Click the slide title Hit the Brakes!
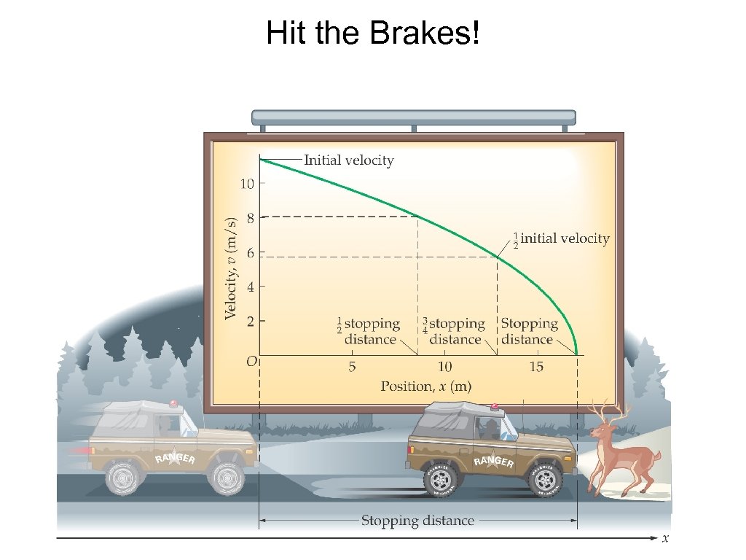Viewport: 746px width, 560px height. (x=373, y=33)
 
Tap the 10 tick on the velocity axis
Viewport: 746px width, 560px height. (x=248, y=184)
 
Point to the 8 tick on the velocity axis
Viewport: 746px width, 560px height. (x=250, y=217)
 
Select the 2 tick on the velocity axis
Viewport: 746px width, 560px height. (x=250, y=321)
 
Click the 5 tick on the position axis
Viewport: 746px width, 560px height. (x=352, y=367)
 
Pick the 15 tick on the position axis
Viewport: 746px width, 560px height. (x=535, y=367)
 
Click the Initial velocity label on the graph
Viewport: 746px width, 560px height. (x=348, y=160)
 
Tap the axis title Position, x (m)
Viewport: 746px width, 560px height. (x=425, y=386)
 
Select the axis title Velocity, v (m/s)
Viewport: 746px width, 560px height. (x=231, y=268)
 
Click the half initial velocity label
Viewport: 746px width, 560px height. (x=561, y=238)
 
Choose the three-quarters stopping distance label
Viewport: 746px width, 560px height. (x=453, y=331)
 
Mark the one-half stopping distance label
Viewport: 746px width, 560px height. (x=369, y=331)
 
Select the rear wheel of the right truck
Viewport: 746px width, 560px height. (x=441, y=478)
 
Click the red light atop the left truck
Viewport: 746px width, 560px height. (x=173, y=403)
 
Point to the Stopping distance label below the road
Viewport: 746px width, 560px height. (x=417, y=521)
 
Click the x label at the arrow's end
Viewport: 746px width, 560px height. (x=665, y=539)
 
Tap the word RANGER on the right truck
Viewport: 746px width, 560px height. (x=494, y=462)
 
